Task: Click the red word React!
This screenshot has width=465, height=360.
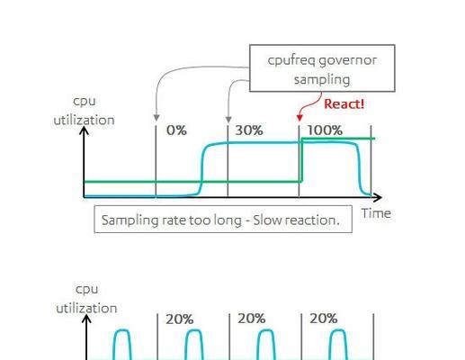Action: pos(344,104)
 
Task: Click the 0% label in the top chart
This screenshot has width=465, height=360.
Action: pos(176,130)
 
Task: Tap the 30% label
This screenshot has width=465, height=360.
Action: pos(249,130)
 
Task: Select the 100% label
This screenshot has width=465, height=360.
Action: pos(325,130)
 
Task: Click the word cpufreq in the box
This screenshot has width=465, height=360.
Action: pos(291,61)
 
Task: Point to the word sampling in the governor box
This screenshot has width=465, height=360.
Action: pos(322,80)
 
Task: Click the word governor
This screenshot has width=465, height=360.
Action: pos(348,61)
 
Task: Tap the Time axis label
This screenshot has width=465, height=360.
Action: pos(376,213)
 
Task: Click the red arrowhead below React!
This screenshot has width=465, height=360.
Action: pos(300,118)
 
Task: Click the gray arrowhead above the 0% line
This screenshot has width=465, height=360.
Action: pos(156,118)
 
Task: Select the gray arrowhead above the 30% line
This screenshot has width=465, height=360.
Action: pos(228,119)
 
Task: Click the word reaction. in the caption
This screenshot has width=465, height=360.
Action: pos(312,220)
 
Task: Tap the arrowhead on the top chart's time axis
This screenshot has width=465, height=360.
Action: pos(378,197)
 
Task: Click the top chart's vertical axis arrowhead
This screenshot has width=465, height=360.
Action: pos(85,130)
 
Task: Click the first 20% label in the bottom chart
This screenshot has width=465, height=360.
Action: pos(179,319)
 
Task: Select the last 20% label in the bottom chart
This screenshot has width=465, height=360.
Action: pos(324,319)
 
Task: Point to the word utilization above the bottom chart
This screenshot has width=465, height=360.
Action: pos(86,309)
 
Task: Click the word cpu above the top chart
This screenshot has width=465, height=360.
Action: pos(85,102)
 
